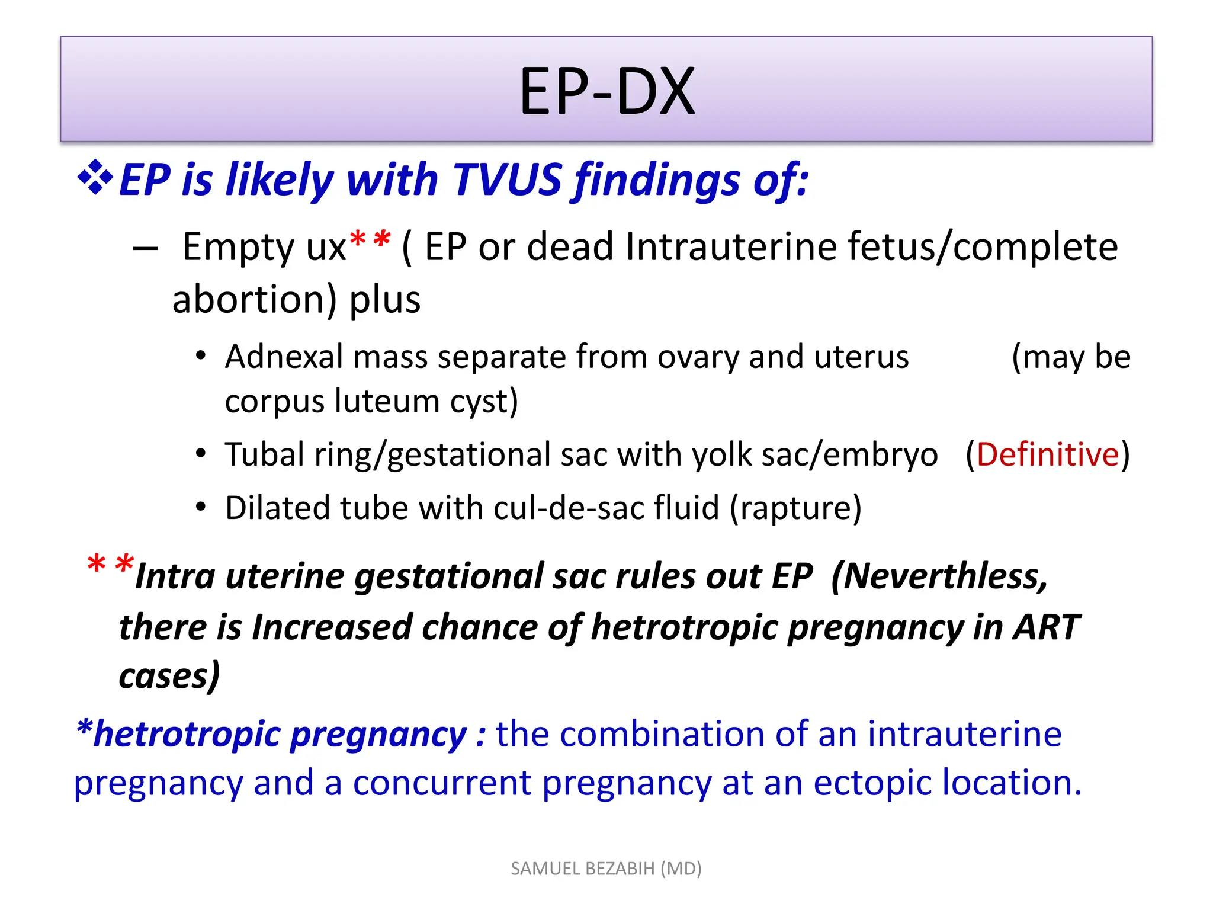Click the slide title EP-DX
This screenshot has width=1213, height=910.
click(606, 92)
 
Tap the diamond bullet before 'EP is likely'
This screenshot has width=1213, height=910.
click(95, 178)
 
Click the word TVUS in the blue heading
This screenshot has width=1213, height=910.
click(507, 179)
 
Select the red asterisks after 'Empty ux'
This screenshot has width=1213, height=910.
click(370, 241)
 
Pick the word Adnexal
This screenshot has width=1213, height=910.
click(284, 357)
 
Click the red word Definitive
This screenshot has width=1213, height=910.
click(1048, 455)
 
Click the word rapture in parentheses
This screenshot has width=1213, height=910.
click(795, 508)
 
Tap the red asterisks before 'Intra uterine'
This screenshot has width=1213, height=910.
click(110, 564)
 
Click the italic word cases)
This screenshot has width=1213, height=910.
click(169, 676)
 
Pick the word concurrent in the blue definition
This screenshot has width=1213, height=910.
click(442, 783)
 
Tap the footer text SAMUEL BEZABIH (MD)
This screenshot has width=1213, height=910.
click(606, 869)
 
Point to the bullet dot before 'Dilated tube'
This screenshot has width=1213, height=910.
click(201, 508)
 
